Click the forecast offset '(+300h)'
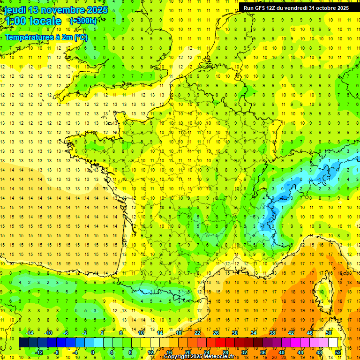pyautogui.click(x=83, y=21)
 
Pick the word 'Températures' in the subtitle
pyautogui.click(x=29, y=37)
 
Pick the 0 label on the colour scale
pyautogui.click(x=92, y=352)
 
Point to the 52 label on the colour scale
pyautogui.click(x=337, y=352)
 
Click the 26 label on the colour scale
pyautogui.click(x=216, y=332)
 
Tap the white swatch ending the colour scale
pyautogui.click(x=333, y=343)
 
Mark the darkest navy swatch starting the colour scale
pyautogui.click(x=23, y=343)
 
